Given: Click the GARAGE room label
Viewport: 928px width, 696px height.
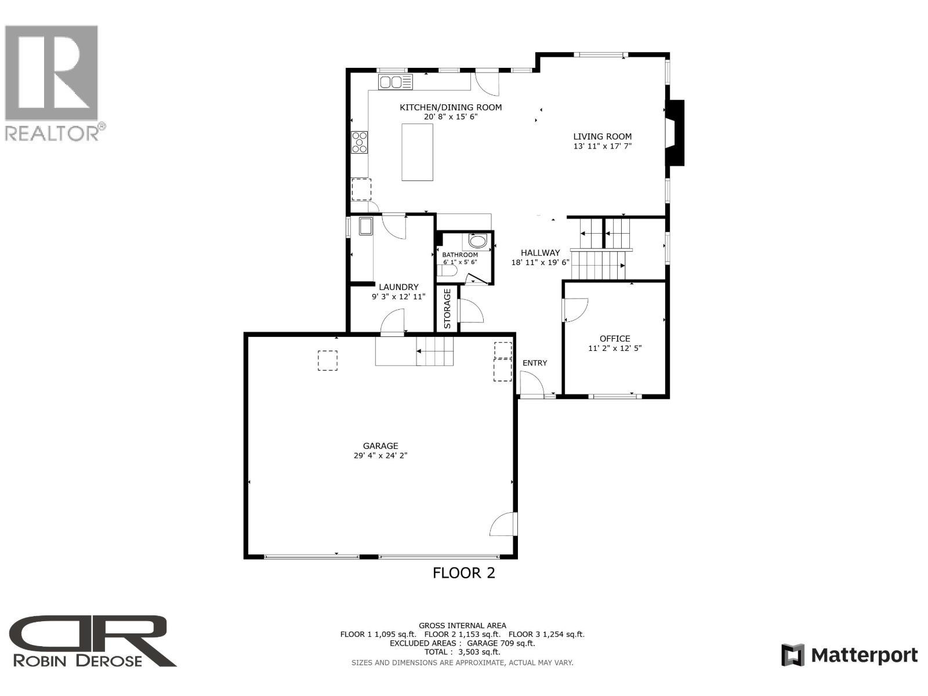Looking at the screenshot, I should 380,445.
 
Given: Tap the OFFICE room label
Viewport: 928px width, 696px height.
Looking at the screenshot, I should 615,339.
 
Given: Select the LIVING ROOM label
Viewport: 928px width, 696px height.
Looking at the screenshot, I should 602,137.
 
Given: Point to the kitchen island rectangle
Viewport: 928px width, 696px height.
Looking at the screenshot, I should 418,152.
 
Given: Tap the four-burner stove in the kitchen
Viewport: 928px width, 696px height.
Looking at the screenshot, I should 360,142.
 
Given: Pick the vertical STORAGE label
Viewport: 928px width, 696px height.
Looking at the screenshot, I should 448,309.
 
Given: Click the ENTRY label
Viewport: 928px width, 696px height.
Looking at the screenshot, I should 535,363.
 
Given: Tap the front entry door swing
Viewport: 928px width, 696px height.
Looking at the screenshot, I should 531,383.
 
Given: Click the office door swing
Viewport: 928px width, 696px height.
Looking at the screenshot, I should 576,310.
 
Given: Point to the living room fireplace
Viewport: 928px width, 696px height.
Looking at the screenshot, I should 675,133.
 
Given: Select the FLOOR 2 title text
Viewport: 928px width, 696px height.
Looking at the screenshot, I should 464,573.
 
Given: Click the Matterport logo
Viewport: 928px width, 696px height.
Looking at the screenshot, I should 850,655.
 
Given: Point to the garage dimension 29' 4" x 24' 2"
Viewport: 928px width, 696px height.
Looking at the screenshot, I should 380,456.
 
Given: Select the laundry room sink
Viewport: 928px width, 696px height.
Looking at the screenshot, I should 366,226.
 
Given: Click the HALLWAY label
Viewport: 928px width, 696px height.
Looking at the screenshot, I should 540,253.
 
